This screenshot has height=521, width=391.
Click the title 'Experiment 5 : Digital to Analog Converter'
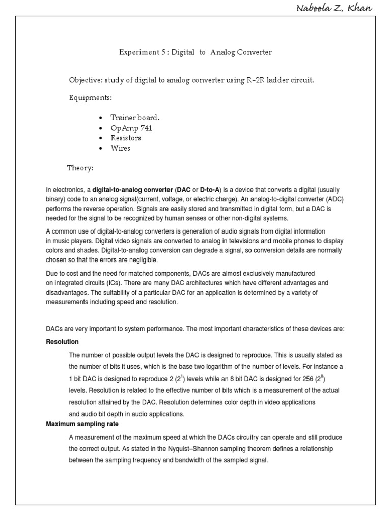click(195, 52)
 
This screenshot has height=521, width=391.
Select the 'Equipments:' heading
click(90, 97)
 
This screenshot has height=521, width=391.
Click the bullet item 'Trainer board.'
click(135, 118)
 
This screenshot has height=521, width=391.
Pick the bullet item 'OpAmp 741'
click(131, 128)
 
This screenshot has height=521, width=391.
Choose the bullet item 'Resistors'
click(126, 138)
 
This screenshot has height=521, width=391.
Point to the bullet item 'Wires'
click(121, 148)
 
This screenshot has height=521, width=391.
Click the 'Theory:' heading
click(80, 168)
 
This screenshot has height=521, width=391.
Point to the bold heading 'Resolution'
click(62, 342)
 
